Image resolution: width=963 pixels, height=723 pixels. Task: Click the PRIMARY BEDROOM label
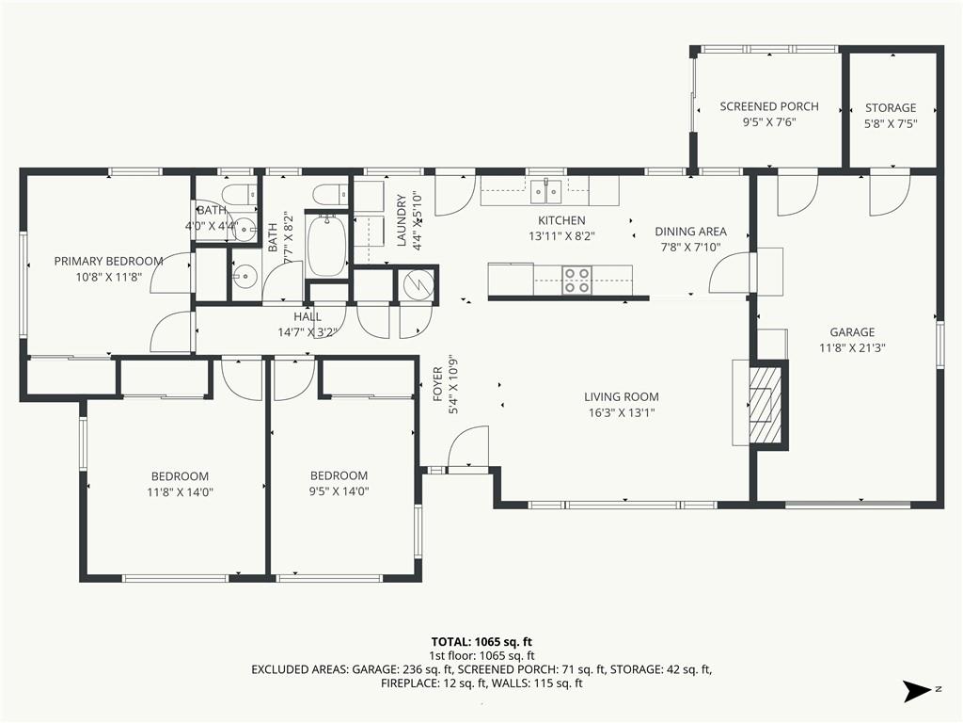109,261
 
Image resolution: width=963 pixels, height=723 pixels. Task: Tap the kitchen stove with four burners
577,281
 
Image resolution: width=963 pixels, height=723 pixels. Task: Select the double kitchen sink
546,191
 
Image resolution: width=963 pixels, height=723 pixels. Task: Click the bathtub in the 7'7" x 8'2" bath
326,246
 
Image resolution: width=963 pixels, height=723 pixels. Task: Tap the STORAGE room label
891,107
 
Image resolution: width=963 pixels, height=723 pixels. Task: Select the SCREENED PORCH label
769,106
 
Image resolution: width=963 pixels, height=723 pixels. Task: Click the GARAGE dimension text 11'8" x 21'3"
852,348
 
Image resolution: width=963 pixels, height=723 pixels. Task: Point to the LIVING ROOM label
622,397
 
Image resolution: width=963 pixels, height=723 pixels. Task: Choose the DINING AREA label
690,232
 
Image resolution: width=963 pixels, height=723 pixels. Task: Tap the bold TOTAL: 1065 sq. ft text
481,642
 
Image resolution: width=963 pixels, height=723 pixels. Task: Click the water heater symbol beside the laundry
417,284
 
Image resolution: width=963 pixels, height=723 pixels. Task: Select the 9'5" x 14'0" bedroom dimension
339,491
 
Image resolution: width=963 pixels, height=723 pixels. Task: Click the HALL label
308,316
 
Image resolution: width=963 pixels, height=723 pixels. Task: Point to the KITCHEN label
561,220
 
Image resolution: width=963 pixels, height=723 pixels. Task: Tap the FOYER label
438,384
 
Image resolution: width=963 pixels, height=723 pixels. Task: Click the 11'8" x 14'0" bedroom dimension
180,491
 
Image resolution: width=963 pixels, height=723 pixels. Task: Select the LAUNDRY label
402,220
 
